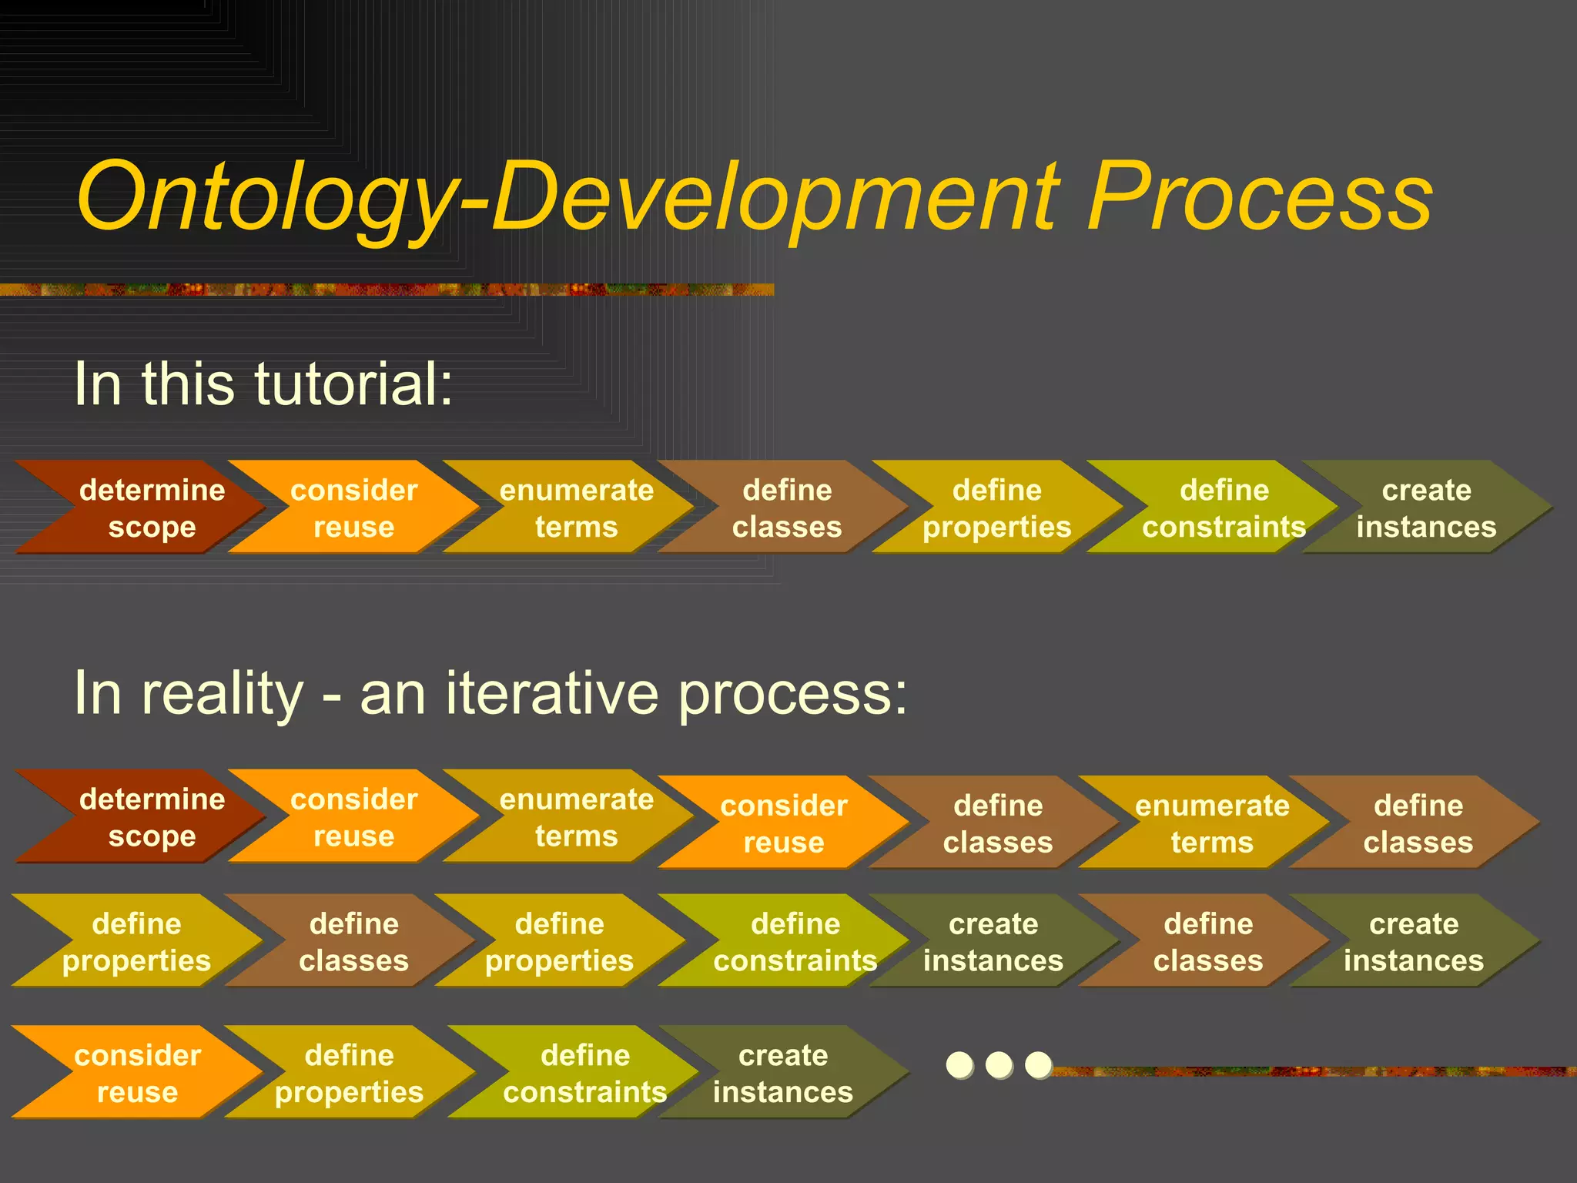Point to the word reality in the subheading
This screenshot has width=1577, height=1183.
(223, 693)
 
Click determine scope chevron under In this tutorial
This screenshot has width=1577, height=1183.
(146, 508)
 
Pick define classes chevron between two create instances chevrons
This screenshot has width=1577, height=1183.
(1207, 940)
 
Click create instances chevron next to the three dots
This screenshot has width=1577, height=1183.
(782, 1072)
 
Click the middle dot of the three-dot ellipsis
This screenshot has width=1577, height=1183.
(999, 1065)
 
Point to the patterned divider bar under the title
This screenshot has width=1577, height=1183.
(385, 290)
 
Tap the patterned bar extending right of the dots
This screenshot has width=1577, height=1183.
(1309, 1071)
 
